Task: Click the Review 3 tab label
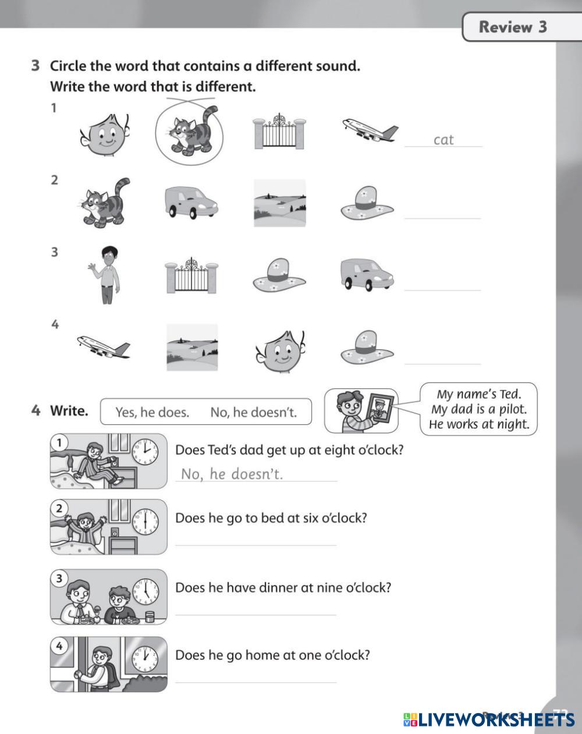513,27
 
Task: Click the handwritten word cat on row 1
443,140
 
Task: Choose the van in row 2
191,203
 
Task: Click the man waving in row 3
105,275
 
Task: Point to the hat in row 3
279,275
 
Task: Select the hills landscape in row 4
192,348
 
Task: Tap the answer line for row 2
443,218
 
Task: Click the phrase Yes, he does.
152,412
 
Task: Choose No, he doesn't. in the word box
254,412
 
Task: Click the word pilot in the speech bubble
513,409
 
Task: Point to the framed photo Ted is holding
381,409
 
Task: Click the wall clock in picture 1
145,452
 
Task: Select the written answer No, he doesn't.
232,474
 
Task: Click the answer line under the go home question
256,683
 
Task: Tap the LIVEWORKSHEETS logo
489,719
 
